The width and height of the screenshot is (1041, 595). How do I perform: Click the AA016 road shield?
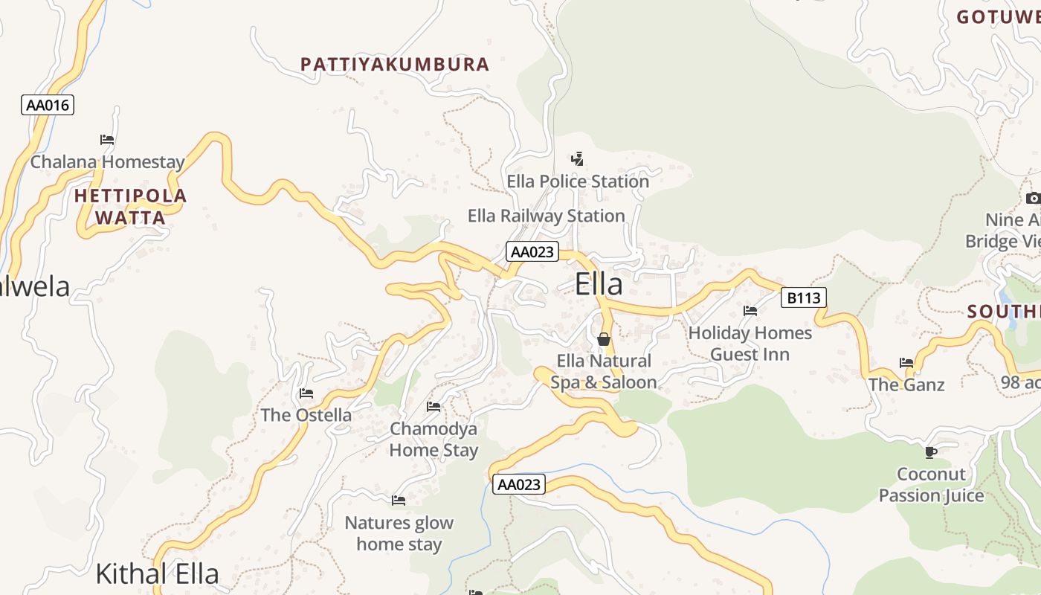click(x=48, y=105)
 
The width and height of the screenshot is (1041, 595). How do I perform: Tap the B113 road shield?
click(x=804, y=298)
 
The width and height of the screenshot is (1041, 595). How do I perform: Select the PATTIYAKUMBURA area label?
click(x=395, y=65)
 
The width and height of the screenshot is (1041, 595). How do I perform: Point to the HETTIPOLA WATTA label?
click(x=131, y=207)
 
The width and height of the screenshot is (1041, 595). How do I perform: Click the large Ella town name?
click(x=599, y=284)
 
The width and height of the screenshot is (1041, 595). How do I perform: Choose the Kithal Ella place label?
click(x=158, y=573)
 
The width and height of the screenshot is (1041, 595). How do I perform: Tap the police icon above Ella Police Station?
click(x=577, y=158)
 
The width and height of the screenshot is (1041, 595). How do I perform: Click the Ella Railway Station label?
click(x=546, y=216)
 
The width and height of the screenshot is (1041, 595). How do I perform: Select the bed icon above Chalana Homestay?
click(x=107, y=139)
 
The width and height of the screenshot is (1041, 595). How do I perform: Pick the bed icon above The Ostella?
click(x=306, y=393)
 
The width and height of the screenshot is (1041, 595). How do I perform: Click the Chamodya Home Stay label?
click(x=434, y=439)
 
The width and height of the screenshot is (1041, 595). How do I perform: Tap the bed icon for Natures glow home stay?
click(x=399, y=500)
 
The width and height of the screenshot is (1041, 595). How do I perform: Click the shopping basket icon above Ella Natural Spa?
click(x=604, y=339)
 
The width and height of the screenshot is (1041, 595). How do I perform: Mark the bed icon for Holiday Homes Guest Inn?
click(x=750, y=310)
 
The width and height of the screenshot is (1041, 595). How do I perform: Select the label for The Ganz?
click(x=906, y=385)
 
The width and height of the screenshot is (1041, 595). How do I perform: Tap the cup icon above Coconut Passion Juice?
click(x=930, y=451)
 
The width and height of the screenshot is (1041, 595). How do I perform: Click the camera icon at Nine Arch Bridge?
click(x=1033, y=198)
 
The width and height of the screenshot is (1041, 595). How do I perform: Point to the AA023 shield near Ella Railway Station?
click(x=532, y=251)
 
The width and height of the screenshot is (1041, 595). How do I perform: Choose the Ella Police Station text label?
click(x=578, y=181)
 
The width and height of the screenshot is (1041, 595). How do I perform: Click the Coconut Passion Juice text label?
click(x=931, y=484)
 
